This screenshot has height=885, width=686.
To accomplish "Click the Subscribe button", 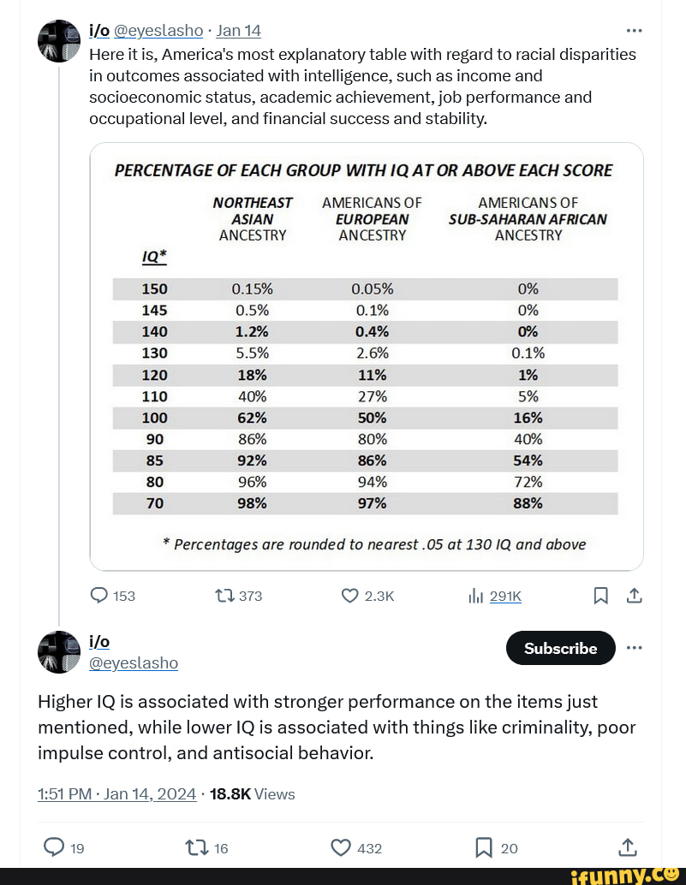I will [x=560, y=648].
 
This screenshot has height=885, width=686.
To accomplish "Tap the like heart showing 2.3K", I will [x=349, y=596].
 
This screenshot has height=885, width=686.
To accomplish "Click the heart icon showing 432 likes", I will [x=340, y=847].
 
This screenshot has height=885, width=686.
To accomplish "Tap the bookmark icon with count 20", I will [x=482, y=847].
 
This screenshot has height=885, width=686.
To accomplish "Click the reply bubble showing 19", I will [x=53, y=847].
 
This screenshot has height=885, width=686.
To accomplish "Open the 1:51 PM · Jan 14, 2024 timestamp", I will [x=116, y=793].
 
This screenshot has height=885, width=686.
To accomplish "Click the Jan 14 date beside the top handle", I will [x=238, y=31].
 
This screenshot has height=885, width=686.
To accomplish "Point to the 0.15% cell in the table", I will [x=252, y=288].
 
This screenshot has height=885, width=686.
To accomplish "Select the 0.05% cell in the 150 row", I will [x=372, y=288].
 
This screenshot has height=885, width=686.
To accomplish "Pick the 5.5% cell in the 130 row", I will [x=252, y=353].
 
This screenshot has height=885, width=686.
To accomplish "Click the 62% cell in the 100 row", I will [x=252, y=418].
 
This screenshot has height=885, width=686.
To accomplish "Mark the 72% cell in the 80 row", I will [x=528, y=482].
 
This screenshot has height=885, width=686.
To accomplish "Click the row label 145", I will [x=154, y=310].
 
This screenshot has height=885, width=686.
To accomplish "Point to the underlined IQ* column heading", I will [x=154, y=255].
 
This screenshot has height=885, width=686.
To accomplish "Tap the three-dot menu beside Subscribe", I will [x=634, y=647].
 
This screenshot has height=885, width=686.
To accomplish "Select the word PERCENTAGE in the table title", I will [x=163, y=170].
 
